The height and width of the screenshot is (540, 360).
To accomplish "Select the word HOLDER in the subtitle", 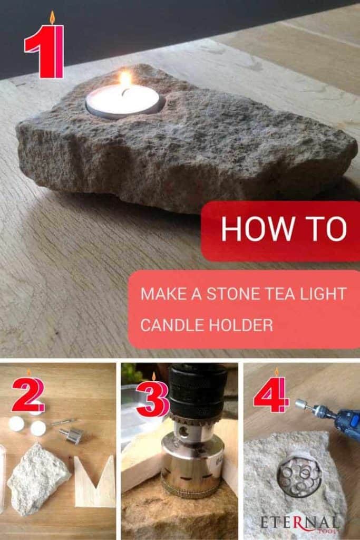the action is tap(239, 325).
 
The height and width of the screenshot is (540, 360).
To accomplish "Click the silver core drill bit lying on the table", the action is tap(71, 435).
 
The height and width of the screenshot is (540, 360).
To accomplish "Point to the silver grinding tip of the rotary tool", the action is tap(300, 404).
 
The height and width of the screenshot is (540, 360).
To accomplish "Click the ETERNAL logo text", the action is tap(299, 523).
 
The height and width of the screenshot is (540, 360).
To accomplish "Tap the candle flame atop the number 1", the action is tap(52, 17).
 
